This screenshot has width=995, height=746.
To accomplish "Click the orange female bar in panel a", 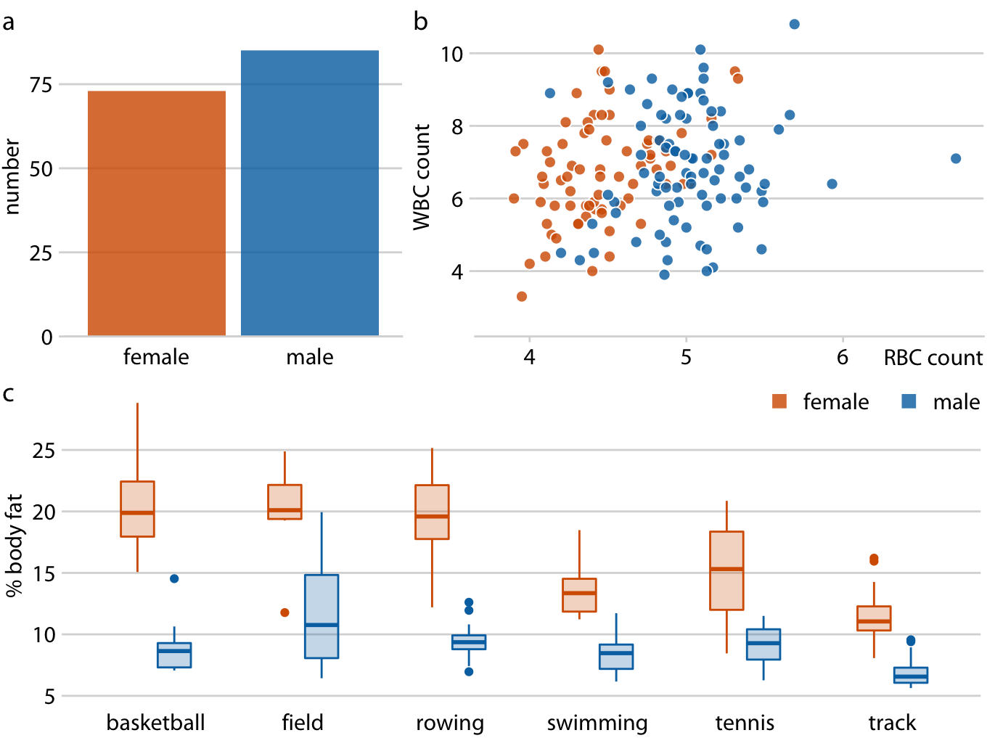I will tap(156, 213).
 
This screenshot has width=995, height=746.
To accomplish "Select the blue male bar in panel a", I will tap(310, 193).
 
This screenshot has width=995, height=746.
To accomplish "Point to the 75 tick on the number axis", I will tap(41, 86).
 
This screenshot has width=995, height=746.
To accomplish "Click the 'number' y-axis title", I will tap(12, 177).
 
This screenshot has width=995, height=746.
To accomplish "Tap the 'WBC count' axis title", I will tap(422, 177).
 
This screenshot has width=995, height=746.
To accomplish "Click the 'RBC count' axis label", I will tap(933, 358).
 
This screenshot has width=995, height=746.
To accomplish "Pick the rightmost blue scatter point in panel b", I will tap(956, 159).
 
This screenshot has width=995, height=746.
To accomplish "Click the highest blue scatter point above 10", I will tap(794, 25).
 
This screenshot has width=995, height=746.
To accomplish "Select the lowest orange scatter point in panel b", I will tap(522, 297).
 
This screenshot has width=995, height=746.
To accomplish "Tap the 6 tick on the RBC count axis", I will tap(843, 358).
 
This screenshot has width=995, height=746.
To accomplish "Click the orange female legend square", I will tap(779, 401).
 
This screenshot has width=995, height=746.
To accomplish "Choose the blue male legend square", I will tap(909, 401).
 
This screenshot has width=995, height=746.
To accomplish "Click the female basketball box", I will tap(137, 509).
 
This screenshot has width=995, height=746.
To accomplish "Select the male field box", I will tap(322, 616).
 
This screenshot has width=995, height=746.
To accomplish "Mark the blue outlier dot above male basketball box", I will tap(174, 578).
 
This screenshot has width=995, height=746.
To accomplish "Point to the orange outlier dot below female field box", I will tap(284, 612).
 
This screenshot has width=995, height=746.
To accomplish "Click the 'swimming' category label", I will tap(597, 723).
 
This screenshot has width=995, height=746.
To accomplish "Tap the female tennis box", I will tap(726, 570).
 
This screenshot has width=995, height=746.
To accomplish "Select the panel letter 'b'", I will tap(420, 22).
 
